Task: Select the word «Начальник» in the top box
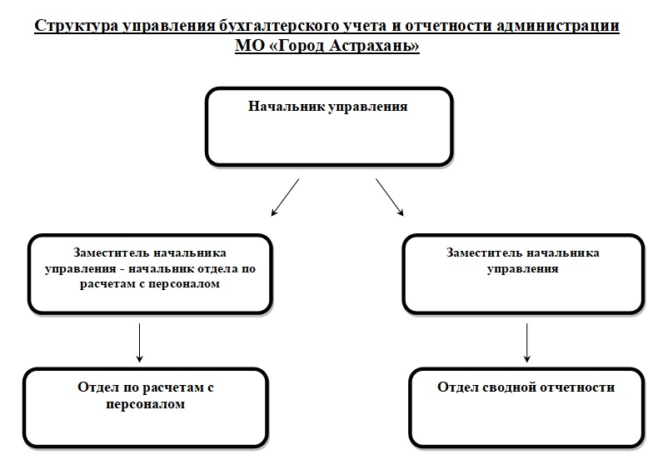[287, 107]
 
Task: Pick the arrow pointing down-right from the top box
[389, 197]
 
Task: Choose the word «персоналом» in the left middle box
[182, 283]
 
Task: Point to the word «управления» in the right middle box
[522, 269]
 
